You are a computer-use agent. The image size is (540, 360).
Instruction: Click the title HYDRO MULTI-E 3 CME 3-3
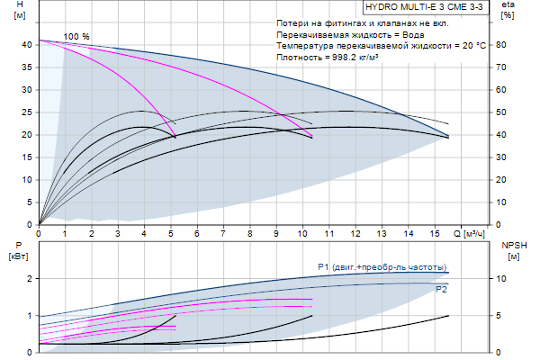[x=428, y=5]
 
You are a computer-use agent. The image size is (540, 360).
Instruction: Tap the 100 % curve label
[x=76, y=36]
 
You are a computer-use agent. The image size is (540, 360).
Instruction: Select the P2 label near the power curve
[x=441, y=290]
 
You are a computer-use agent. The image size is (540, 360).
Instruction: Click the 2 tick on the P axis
[x=31, y=279]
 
